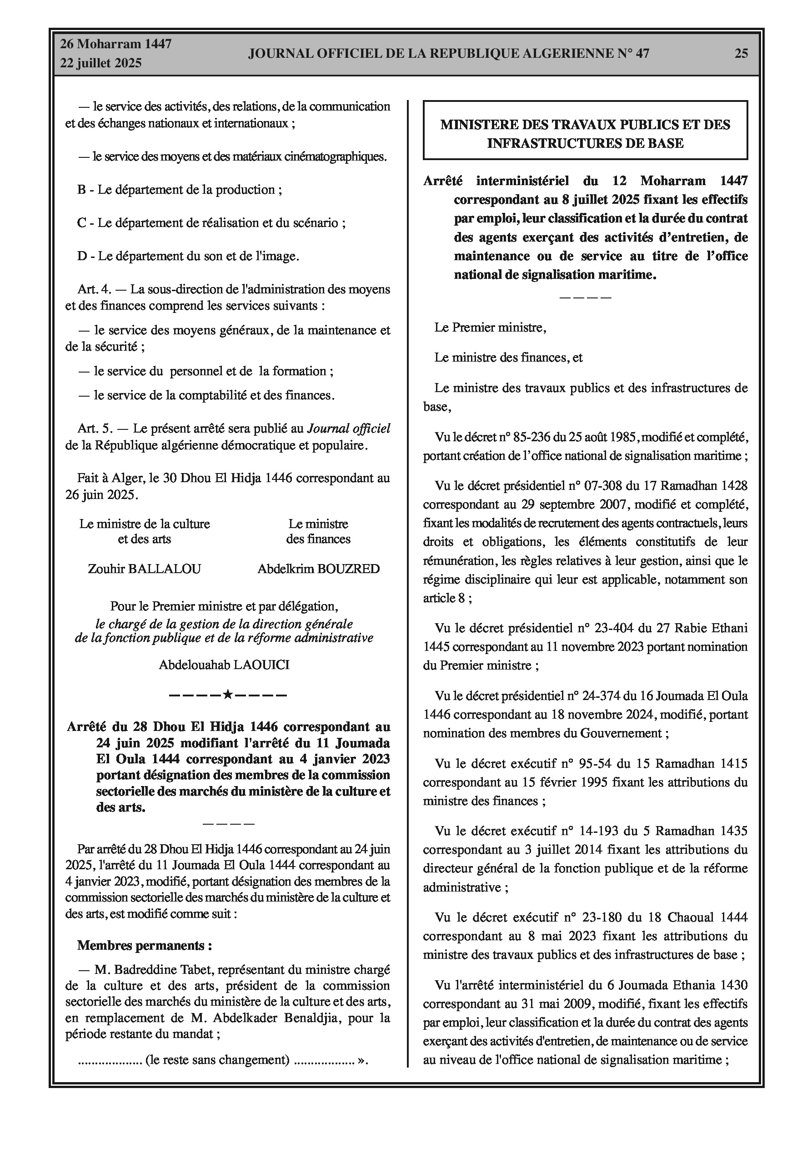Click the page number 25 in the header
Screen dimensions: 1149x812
coord(741,54)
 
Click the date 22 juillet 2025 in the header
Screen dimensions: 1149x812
coord(101,63)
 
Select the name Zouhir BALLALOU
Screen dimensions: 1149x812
coord(144,569)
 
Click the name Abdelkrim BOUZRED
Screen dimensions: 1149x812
coord(318,569)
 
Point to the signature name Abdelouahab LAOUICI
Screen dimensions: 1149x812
coord(224,665)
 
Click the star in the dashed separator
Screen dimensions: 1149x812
coord(228,695)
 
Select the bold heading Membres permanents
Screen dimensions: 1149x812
coord(144,945)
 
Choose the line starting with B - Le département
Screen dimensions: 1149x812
coord(180,190)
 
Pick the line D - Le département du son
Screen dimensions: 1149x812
coord(188,256)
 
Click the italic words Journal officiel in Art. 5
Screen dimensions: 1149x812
coord(348,428)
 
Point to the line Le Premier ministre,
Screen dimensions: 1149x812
coord(490,328)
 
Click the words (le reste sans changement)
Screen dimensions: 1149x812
coord(218,1059)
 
